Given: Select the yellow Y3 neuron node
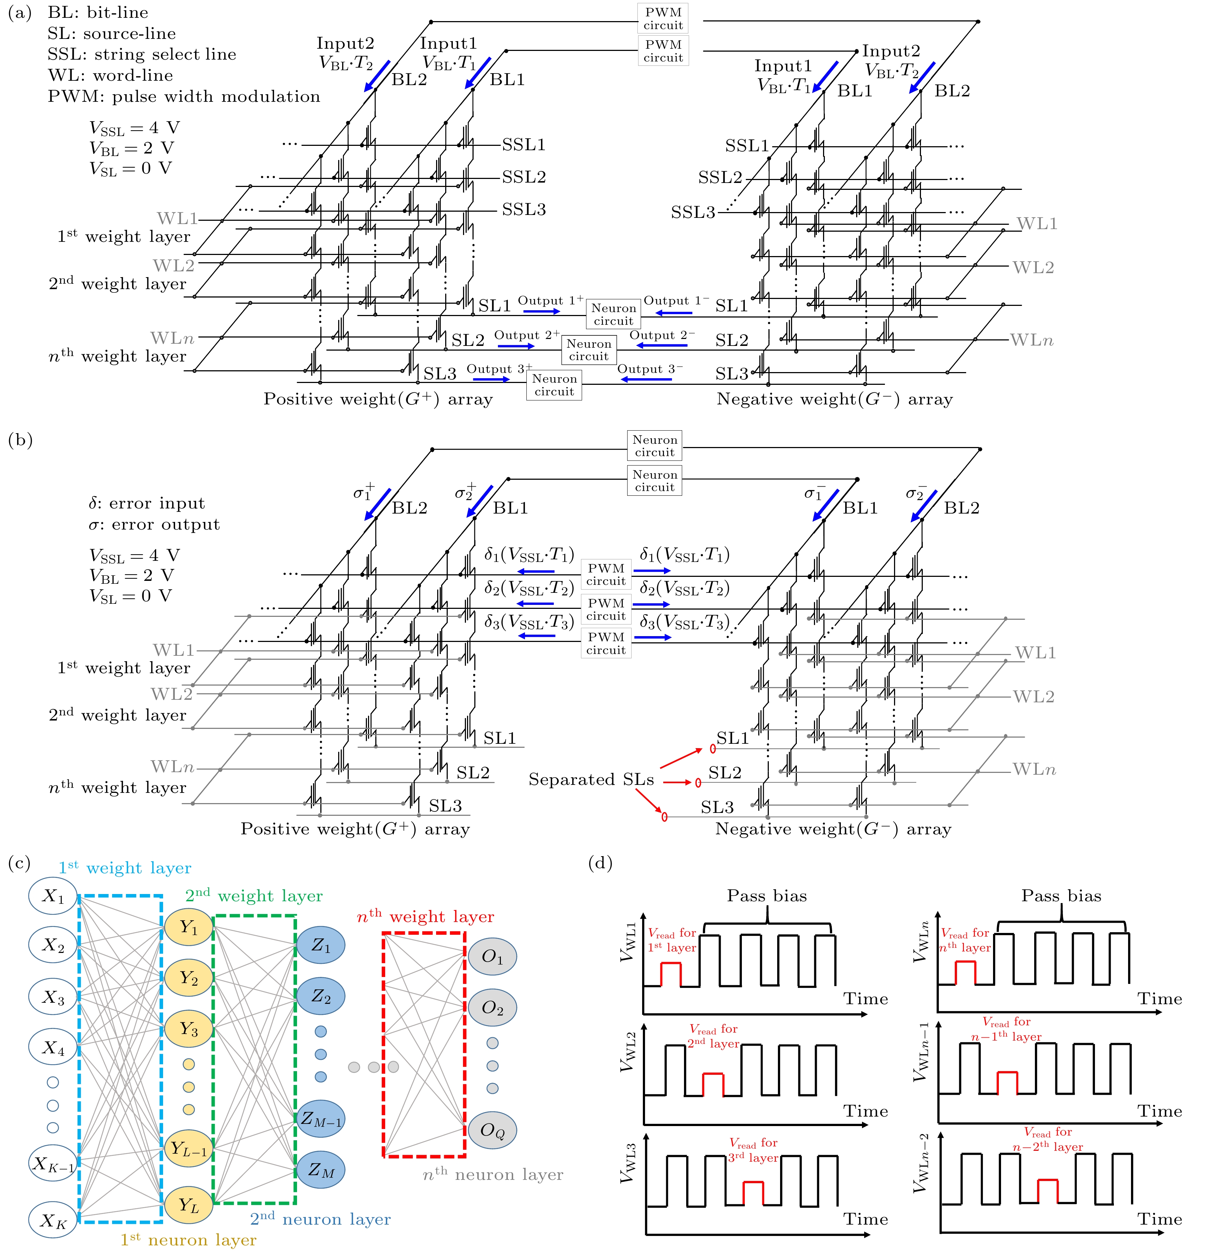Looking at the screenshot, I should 188,1029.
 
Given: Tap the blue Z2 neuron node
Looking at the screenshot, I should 320,996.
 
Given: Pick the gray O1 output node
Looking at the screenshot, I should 492,956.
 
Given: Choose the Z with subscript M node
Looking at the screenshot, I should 320,1170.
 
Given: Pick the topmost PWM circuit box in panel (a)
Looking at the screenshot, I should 663,19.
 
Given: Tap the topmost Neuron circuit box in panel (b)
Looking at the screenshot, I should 655,446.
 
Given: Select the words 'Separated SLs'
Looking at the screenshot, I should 591,779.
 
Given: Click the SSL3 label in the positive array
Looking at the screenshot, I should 523,210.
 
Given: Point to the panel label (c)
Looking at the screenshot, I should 19,863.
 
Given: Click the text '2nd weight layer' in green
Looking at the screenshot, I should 254,895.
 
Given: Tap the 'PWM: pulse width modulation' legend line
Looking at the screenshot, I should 183,96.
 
